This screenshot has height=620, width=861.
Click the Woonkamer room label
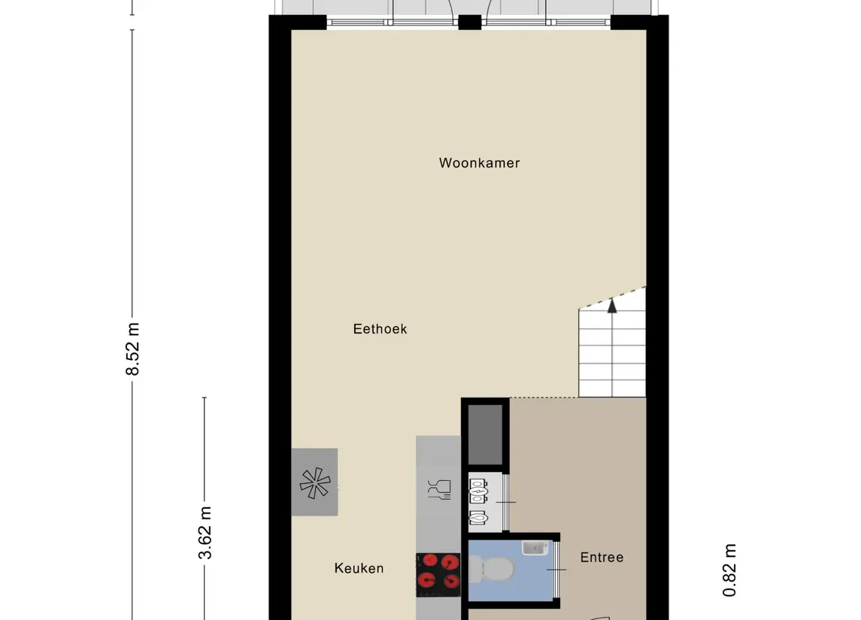click(479, 163)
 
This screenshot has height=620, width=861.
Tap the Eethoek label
click(380, 329)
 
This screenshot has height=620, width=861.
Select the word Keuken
click(359, 569)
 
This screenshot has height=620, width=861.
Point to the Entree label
click(602, 558)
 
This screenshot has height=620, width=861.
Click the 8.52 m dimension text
click(133, 349)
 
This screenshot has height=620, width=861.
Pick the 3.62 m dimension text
click(205, 533)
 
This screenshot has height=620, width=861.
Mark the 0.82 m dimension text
click(729, 570)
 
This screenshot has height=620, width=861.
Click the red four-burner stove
click(438, 570)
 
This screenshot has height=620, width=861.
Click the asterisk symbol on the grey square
click(314, 482)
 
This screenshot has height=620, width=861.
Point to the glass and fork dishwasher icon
click(438, 489)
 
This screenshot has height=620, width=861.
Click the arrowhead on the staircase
click(612, 304)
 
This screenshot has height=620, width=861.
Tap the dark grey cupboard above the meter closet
click(485, 434)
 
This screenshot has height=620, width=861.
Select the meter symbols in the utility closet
click(477, 500)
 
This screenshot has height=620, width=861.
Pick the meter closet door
click(507, 501)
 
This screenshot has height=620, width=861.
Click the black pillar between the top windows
click(470, 22)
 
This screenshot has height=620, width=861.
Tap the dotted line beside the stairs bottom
click(544, 398)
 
